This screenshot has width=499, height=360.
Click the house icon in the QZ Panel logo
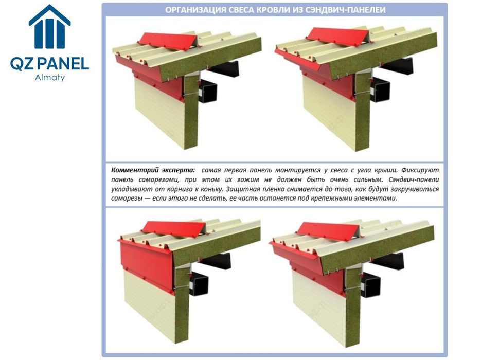50,27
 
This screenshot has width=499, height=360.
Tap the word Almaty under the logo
50,78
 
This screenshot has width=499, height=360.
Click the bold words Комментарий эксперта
153,170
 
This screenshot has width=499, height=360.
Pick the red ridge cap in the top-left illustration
168,41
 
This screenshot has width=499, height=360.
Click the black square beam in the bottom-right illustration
371,284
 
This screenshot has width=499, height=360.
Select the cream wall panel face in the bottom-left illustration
149,306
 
